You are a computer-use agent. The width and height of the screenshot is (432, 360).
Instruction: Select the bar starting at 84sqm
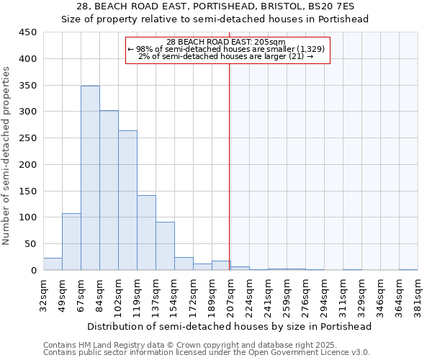[109, 190]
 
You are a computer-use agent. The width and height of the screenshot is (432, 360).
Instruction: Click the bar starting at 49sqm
[71, 242]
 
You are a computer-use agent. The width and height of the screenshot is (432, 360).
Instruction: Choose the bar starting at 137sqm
[165, 246]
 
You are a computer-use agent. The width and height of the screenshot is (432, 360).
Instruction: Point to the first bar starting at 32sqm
[53, 264]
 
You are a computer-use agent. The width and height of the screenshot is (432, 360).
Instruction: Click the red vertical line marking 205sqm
[229, 166]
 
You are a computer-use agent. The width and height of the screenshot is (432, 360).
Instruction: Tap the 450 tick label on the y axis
[28, 32]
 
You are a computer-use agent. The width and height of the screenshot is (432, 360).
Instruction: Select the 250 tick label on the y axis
[28, 138]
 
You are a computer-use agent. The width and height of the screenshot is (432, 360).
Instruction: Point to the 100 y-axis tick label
[28, 217]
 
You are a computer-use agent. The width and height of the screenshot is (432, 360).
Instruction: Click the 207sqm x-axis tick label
[230, 294]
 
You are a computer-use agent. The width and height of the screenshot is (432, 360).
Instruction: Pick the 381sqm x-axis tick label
[418, 294]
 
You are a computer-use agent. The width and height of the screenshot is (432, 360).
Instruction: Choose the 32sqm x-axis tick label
[43, 294]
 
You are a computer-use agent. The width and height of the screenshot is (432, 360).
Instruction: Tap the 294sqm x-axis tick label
[324, 294]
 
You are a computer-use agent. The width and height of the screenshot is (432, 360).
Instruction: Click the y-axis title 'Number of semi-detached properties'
[7, 156]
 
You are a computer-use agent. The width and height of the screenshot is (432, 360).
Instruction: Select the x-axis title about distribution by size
[230, 326]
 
